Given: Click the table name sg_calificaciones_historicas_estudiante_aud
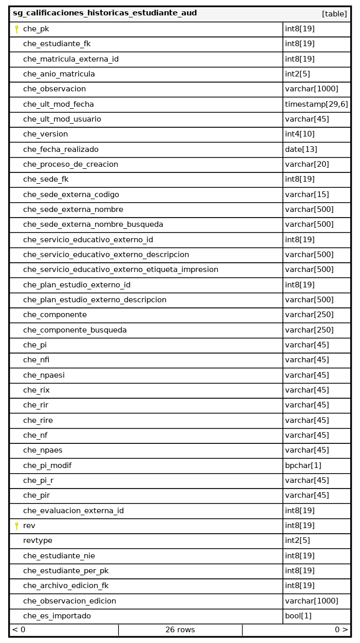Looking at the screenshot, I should (x=105, y=13).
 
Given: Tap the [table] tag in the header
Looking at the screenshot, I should (x=334, y=14).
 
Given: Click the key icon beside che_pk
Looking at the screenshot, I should (x=16, y=29).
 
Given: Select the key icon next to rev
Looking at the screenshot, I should (x=16, y=525).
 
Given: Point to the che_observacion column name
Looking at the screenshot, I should (x=54, y=89).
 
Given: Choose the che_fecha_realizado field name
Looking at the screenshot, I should (x=61, y=149).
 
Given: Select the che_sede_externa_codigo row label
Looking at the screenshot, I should (x=71, y=194).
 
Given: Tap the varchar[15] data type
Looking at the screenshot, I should (x=307, y=194).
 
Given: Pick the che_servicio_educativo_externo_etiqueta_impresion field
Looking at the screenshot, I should (x=121, y=269).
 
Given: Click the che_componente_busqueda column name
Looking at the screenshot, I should (x=75, y=330).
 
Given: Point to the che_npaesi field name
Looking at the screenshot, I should (x=44, y=375).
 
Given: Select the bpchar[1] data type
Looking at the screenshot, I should (x=303, y=465).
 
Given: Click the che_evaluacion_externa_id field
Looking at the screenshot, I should (x=73, y=511).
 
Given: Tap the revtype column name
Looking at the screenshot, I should (x=37, y=540).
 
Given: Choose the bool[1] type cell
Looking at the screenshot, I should (x=298, y=616).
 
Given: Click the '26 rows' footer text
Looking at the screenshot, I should (x=180, y=630).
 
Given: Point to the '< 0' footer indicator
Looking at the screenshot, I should (x=19, y=630).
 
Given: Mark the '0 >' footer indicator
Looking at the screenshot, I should (x=341, y=630).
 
